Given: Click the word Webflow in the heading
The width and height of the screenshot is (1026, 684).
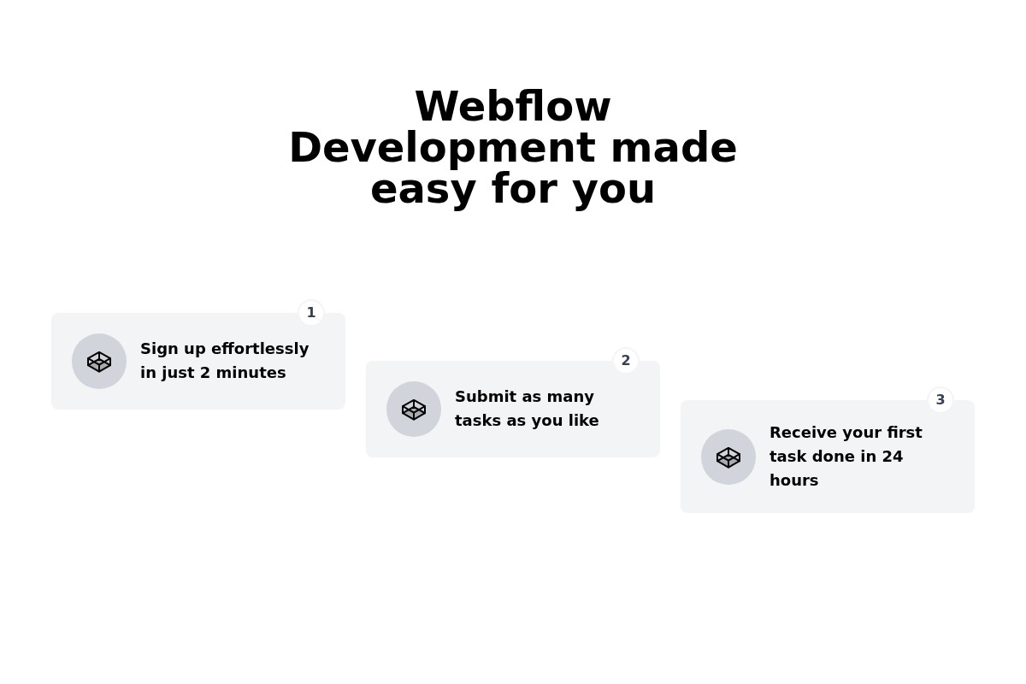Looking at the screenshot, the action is coord(512,106).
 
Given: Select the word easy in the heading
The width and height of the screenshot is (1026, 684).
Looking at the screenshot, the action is coord(422,191).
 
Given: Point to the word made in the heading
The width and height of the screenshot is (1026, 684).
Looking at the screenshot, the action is coord(674,148).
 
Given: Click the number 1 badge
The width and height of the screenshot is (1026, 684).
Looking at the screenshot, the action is coord(311,313).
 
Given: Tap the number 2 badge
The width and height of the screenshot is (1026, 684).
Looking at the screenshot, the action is coord(626,361).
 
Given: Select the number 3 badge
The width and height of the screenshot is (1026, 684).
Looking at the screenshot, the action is coord(940,400).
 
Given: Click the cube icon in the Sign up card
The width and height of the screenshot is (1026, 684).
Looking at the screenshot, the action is coord(99,362).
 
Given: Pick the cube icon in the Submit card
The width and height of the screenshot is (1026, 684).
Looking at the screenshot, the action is coord(414,410).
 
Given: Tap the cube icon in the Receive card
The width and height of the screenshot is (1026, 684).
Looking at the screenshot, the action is coord(728,457).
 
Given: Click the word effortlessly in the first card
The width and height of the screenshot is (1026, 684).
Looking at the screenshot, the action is coord(260,349).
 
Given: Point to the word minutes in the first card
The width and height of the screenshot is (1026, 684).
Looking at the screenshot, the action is coord(251,373).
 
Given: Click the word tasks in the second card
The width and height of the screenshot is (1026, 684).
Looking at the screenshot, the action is coord(478,421).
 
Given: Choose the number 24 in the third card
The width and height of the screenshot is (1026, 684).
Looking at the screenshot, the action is coord(893,457).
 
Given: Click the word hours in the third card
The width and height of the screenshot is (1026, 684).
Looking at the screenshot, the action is coord(793,481).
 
